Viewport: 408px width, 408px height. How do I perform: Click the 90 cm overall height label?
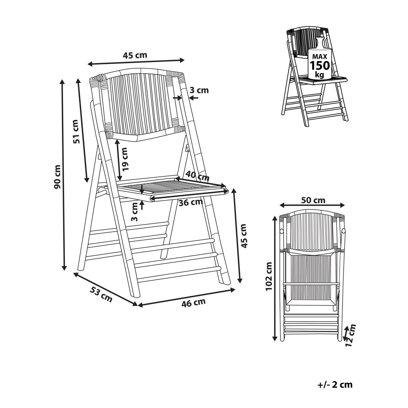[57, 177]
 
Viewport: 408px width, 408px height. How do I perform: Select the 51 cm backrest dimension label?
[76, 132]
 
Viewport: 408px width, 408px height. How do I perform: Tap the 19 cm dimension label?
[125, 159]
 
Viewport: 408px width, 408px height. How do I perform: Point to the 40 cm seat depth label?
[197, 175]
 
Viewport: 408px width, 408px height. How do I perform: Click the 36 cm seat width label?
[191, 203]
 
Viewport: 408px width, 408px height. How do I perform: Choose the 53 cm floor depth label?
[101, 294]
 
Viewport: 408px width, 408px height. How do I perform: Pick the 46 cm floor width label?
[193, 302]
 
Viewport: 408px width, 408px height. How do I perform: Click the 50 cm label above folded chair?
[313, 200]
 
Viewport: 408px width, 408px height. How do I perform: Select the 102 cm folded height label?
[269, 276]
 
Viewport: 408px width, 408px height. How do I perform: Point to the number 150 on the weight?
[320, 66]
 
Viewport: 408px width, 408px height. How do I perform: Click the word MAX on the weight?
[320, 56]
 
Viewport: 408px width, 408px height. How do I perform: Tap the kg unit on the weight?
[320, 75]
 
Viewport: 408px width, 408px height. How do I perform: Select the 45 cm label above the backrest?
[135, 55]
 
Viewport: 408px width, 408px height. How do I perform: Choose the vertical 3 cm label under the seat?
[134, 212]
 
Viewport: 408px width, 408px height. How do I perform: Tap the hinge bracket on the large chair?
[187, 148]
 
